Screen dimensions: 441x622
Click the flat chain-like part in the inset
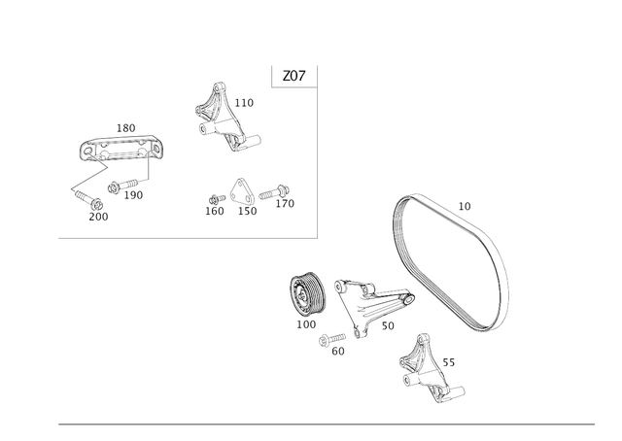pyautogui.click(x=122, y=149)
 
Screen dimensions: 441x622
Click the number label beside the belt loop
pyautogui.click(x=465, y=205)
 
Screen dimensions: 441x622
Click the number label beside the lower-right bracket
pyautogui.click(x=449, y=361)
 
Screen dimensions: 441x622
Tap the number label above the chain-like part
pyautogui.click(x=124, y=127)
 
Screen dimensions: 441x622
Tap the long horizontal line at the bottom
pyautogui.click(x=327, y=424)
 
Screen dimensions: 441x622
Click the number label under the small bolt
pyautogui.click(x=337, y=352)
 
